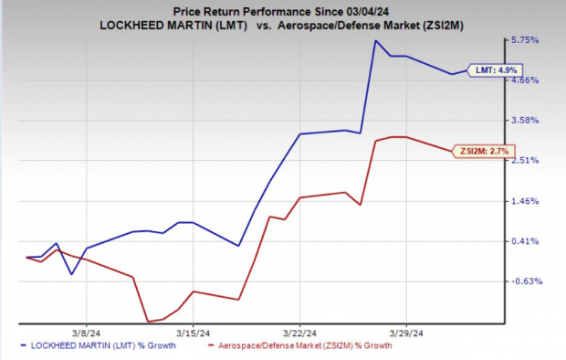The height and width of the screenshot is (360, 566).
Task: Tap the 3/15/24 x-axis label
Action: click(x=193, y=333)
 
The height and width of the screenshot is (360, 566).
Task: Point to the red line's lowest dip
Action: click(x=148, y=321)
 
